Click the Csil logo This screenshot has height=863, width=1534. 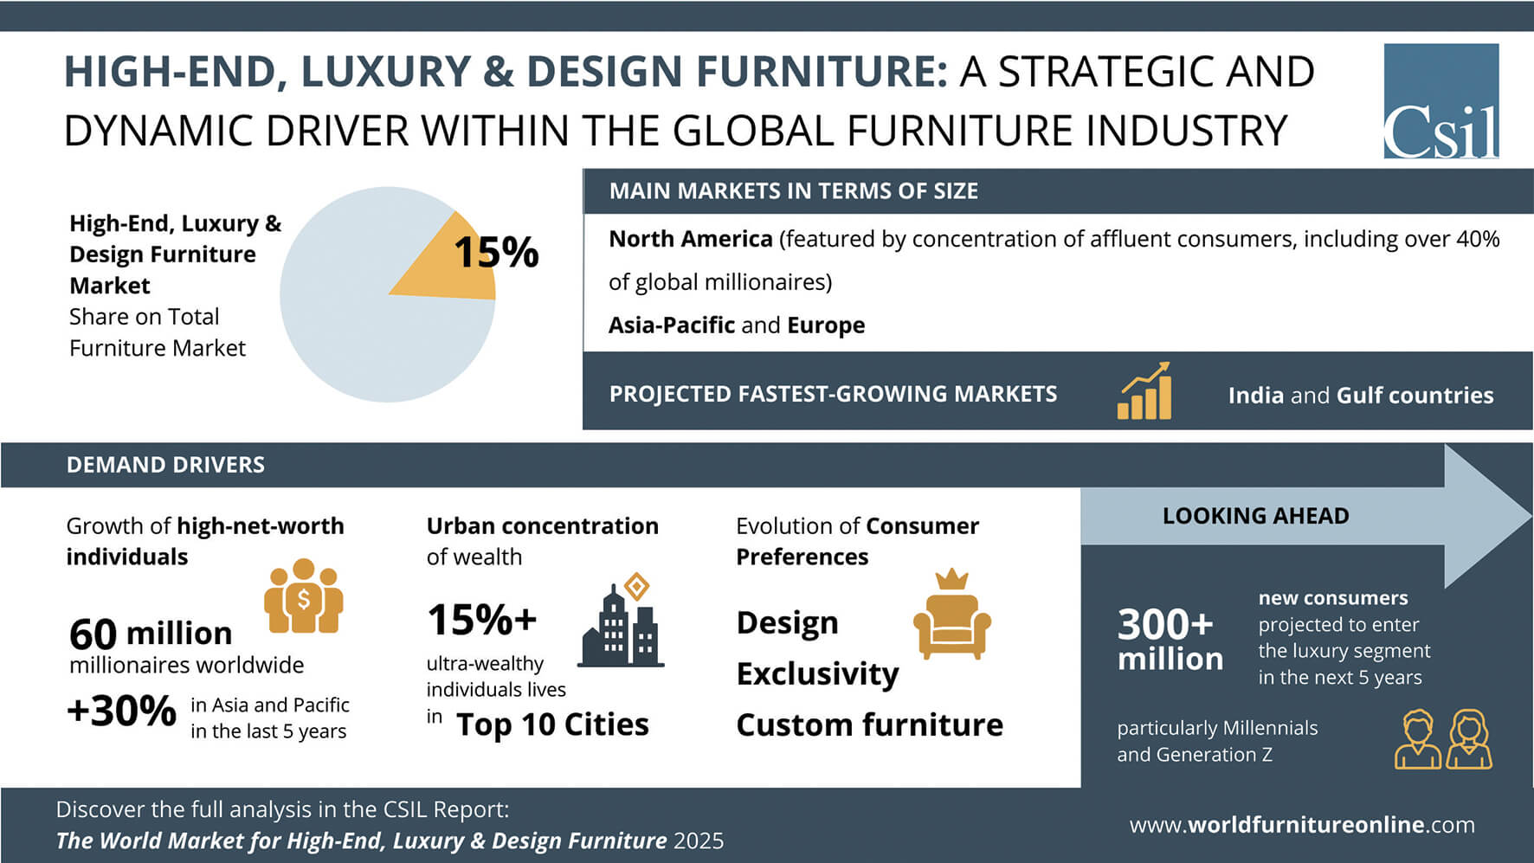tap(1441, 101)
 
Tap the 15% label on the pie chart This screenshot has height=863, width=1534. tap(496, 253)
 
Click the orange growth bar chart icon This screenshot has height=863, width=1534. tap(1144, 391)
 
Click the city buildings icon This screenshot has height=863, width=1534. tap(621, 620)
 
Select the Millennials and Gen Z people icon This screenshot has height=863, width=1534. tap(1443, 739)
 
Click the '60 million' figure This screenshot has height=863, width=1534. tap(151, 634)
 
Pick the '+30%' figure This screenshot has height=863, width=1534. tap(121, 712)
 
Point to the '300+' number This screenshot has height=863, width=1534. tap(1165, 624)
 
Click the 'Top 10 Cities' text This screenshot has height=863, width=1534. tap(552, 725)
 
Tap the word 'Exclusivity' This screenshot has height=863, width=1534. tap(817, 674)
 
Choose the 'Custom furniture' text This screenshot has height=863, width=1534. tap(869, 725)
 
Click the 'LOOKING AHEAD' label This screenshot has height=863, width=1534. tap(1255, 516)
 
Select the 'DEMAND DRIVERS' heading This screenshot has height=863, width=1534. tap(165, 465)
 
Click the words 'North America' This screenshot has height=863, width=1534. tap(690, 239)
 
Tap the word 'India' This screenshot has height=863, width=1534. tap(1255, 396)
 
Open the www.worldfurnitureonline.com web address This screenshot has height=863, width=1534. tap(1302, 825)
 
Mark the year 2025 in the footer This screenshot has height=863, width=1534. tap(699, 841)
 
